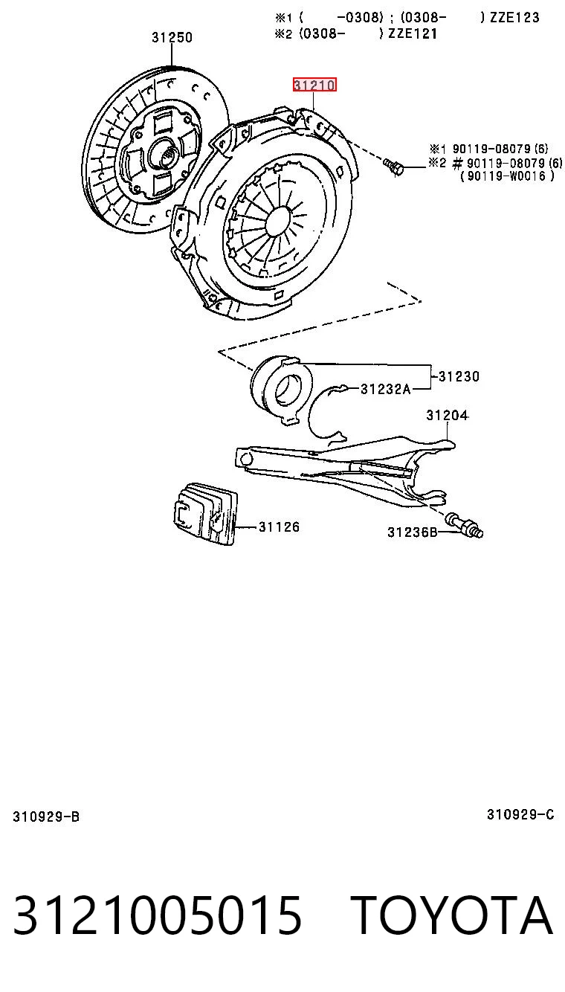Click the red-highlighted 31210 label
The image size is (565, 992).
[314, 85]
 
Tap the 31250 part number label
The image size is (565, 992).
[172, 37]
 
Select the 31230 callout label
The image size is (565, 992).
[459, 376]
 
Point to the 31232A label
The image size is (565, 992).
[386, 389]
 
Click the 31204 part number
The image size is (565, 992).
[448, 415]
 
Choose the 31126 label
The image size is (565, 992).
[279, 526]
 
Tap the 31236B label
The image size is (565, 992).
[413, 532]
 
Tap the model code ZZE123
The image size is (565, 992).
[514, 17]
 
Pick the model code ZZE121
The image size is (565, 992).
[413, 33]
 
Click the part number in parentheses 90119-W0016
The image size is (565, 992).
[507, 176]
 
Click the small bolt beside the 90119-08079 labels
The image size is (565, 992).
[393, 167]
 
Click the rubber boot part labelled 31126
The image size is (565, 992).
[205, 514]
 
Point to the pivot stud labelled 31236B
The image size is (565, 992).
[465, 525]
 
